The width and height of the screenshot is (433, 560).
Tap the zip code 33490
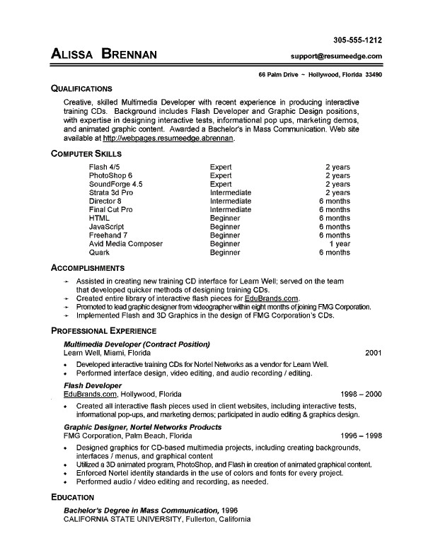[x=372, y=74]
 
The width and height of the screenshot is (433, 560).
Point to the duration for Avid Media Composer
[x=337, y=243]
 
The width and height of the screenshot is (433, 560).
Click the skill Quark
[x=99, y=252]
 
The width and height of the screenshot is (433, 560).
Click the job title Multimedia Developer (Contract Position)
[x=137, y=344]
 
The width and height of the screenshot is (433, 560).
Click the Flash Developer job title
[x=93, y=385]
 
